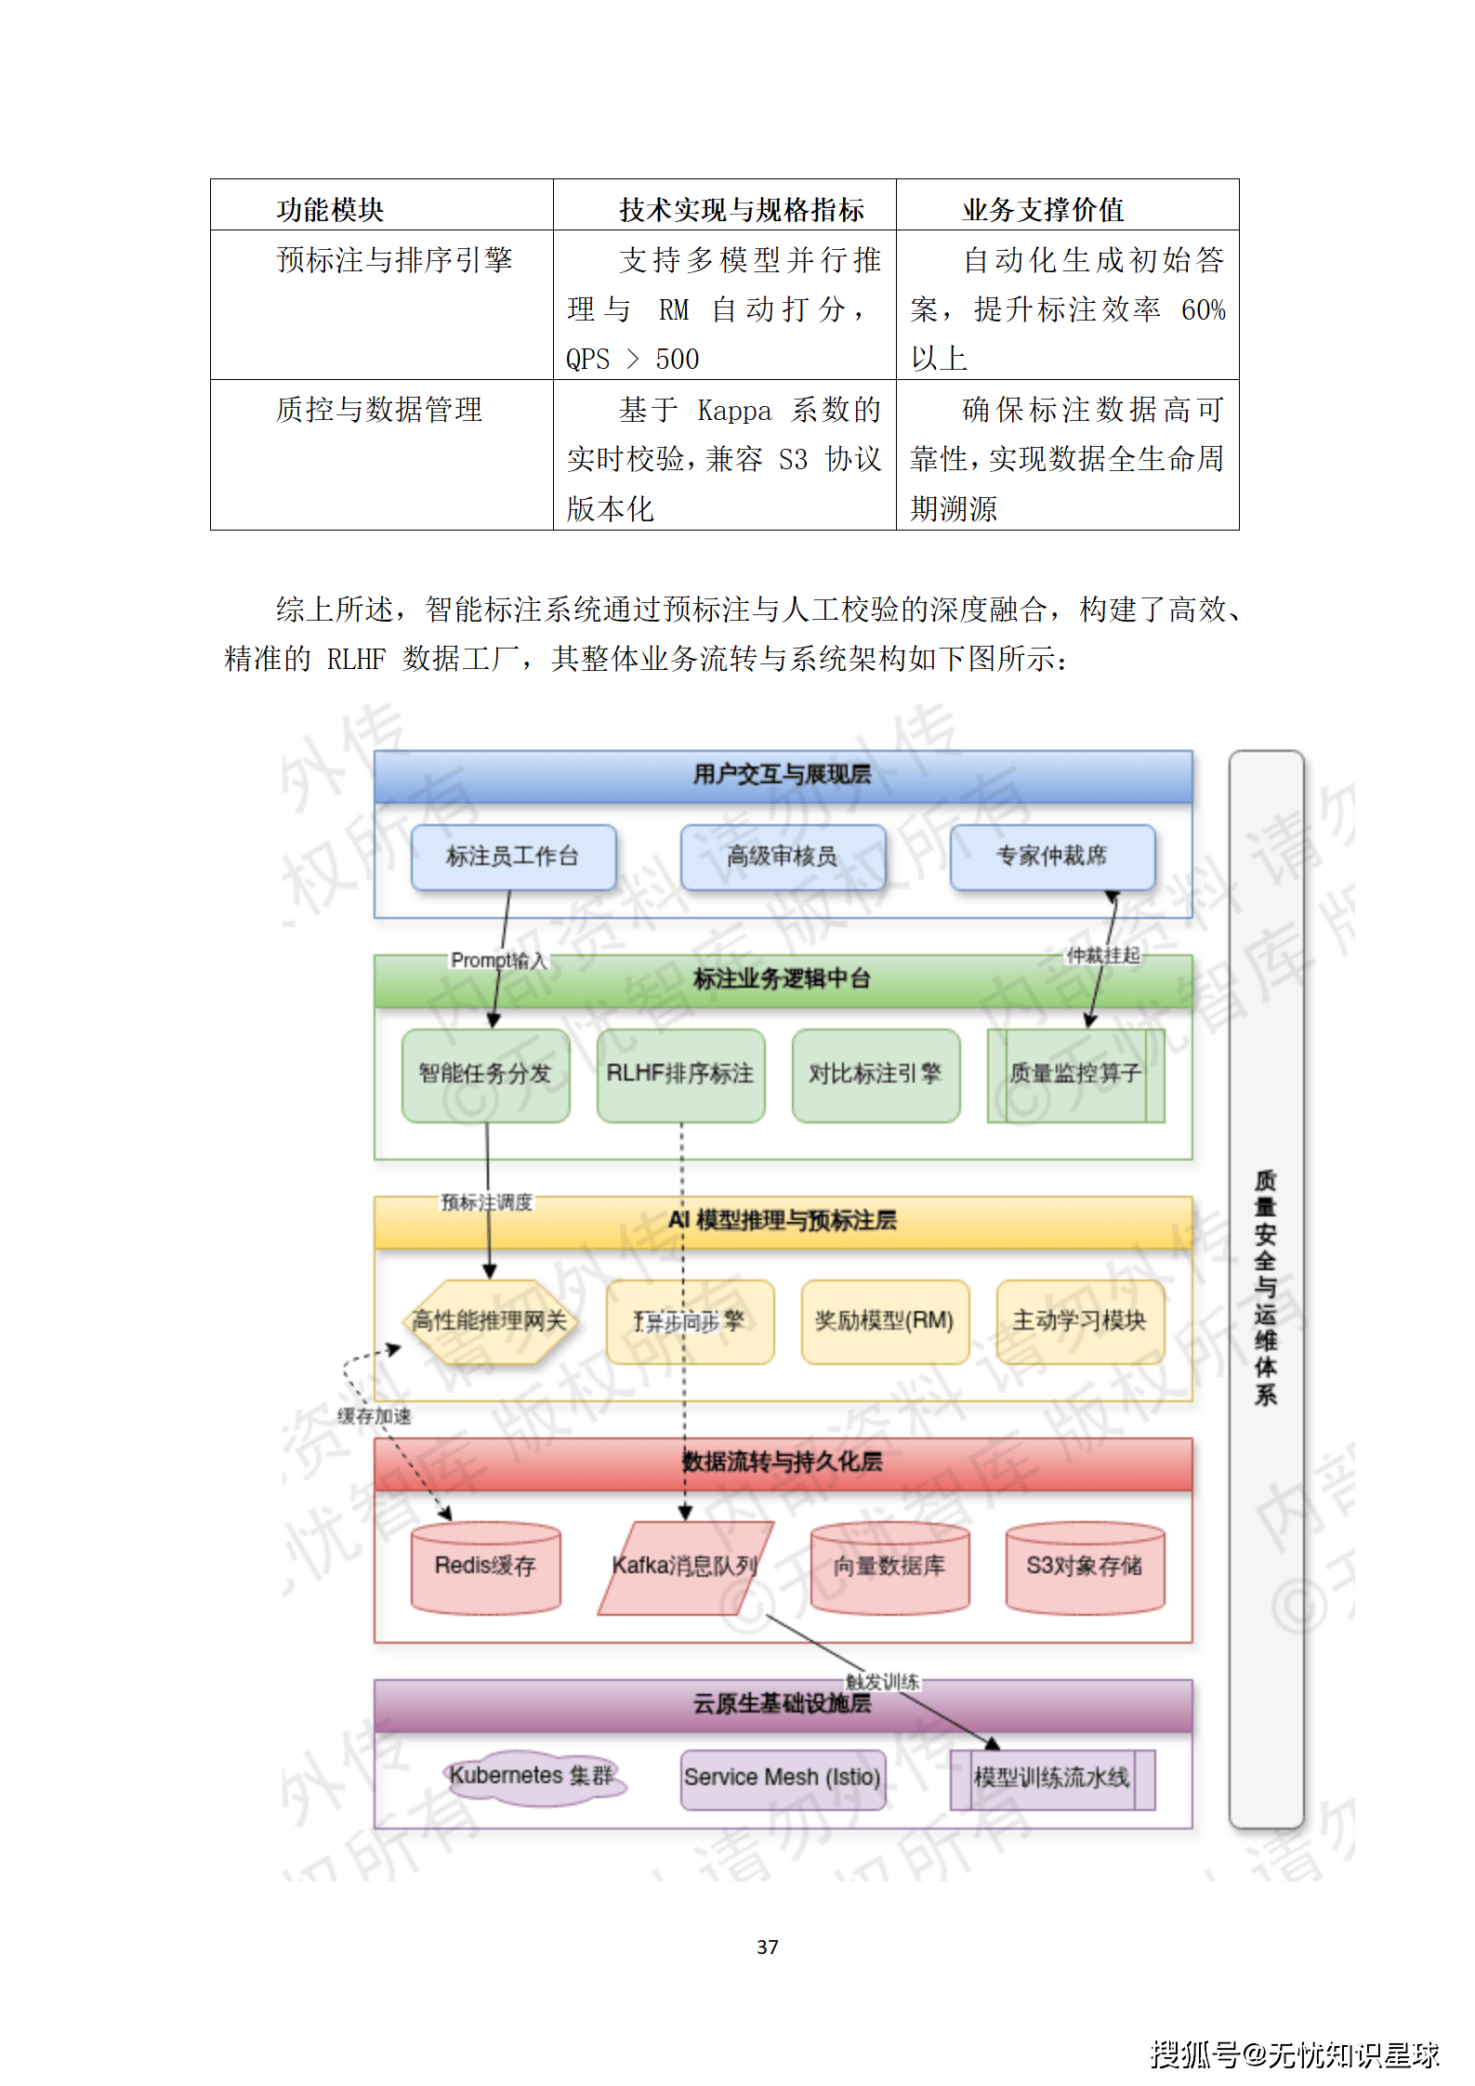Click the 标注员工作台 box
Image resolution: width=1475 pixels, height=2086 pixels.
[513, 857]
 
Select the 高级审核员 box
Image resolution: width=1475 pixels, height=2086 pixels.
[783, 857]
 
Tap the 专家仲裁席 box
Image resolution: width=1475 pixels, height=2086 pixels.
[1052, 857]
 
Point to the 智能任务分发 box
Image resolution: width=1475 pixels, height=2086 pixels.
[485, 1075]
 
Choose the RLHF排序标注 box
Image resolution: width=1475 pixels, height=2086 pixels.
[680, 1075]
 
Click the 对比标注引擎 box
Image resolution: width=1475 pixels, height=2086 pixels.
[876, 1075]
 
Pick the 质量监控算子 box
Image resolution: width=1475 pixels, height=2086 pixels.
[1075, 1075]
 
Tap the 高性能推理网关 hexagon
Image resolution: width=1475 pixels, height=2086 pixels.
[490, 1321]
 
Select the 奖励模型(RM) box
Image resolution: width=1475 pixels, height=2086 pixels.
[885, 1321]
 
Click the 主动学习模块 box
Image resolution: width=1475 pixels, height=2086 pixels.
[1080, 1321]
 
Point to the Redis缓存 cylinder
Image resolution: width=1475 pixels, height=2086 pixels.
[485, 1568]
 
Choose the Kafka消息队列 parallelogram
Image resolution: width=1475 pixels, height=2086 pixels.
[685, 1568]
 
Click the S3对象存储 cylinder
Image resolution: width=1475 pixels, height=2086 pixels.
[1085, 1568]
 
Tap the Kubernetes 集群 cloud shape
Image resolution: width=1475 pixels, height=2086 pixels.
[532, 1777]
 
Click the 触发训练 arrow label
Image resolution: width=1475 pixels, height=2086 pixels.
[883, 1682]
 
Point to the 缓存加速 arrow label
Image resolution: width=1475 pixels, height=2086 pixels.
[374, 1416]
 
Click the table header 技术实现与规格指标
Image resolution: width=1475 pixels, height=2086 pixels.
[742, 210]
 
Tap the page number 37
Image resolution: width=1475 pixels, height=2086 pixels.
[768, 1947]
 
